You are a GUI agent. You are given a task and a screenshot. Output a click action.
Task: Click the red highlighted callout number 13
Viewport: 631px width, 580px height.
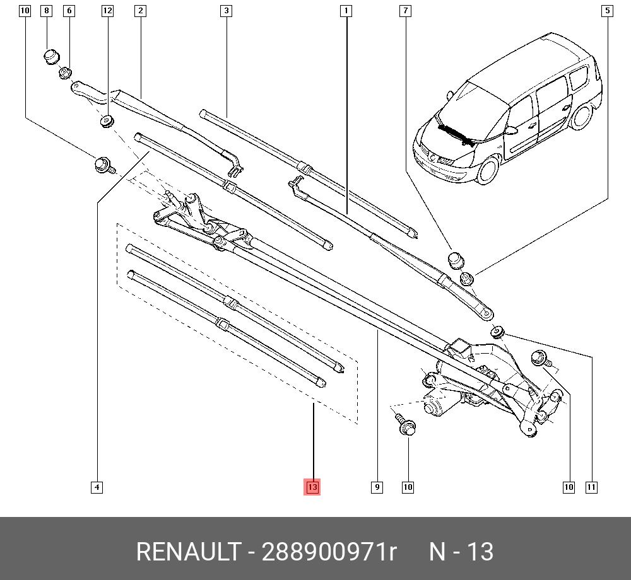(312, 487)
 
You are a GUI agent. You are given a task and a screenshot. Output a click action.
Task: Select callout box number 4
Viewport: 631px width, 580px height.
(97, 487)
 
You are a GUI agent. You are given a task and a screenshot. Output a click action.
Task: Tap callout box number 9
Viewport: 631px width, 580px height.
(377, 487)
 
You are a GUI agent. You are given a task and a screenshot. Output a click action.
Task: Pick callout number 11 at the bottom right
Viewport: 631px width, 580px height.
(591, 487)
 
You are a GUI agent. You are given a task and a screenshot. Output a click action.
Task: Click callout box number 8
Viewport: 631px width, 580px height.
(46, 11)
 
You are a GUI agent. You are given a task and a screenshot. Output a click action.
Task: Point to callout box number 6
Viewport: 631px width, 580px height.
(69, 11)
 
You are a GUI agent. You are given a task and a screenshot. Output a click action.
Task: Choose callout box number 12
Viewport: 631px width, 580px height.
(107, 11)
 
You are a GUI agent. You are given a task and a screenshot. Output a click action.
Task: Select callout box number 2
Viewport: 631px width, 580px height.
(140, 11)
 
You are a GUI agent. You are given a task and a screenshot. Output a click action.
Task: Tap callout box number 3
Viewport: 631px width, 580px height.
(226, 11)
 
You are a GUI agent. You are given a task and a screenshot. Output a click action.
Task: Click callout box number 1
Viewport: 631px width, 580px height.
(346, 11)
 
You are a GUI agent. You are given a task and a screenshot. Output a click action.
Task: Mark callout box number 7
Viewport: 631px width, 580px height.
(405, 11)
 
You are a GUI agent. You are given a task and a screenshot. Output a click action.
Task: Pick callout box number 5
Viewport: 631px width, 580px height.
(607, 11)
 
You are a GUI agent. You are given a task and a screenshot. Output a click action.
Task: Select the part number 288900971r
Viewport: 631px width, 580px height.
(329, 552)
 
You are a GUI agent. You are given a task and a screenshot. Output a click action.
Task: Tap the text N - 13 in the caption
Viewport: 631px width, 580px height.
(461, 552)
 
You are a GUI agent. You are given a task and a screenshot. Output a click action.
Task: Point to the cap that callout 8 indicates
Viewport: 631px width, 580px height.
(51, 57)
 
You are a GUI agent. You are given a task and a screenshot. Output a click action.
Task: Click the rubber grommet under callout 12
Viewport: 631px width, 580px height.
(107, 121)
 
